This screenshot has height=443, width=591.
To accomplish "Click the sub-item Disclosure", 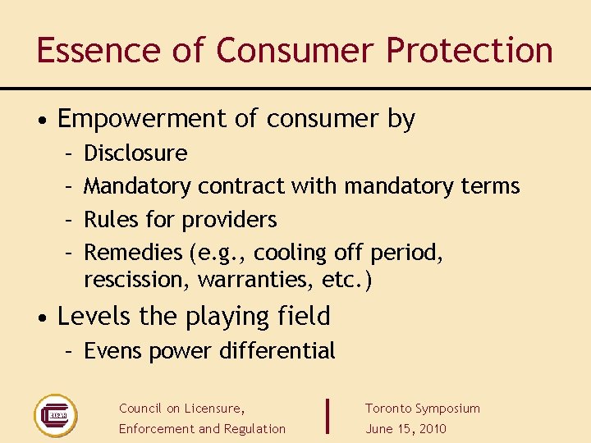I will tap(135, 153).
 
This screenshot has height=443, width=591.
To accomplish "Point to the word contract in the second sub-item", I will tap(241, 186).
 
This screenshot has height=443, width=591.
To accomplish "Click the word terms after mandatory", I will tap(490, 186).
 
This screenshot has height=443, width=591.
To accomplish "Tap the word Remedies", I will tap(134, 253).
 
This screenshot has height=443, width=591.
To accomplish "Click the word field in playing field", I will tap(304, 316).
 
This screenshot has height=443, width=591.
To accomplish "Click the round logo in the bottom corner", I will tap(55, 415).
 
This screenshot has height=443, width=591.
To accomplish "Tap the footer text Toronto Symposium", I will tap(423, 409).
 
